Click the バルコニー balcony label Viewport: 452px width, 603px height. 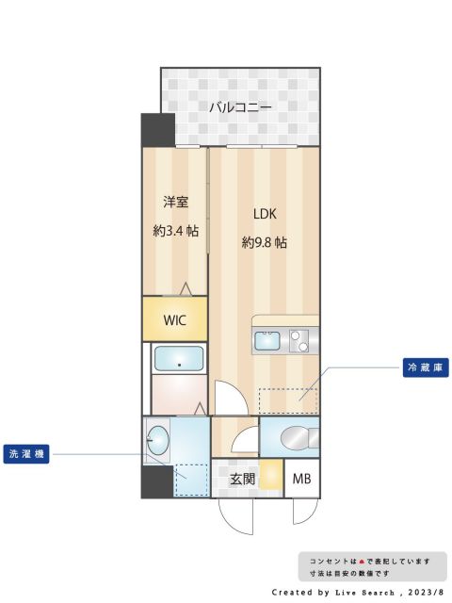(x=240, y=107)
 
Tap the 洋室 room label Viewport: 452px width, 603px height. (x=175, y=202)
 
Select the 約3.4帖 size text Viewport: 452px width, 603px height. (x=175, y=230)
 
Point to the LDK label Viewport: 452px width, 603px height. (x=263, y=213)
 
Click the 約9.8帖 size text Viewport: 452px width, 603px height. (x=264, y=242)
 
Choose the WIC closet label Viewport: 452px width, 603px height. (x=175, y=319)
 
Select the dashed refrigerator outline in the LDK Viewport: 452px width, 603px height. (x=287, y=400)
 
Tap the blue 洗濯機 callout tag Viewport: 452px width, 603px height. (x=26, y=453)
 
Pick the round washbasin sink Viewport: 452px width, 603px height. (x=158, y=439)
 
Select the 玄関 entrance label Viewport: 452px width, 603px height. (x=243, y=479)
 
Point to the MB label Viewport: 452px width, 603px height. (x=301, y=479)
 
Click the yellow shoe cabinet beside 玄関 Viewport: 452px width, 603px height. (x=272, y=477)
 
